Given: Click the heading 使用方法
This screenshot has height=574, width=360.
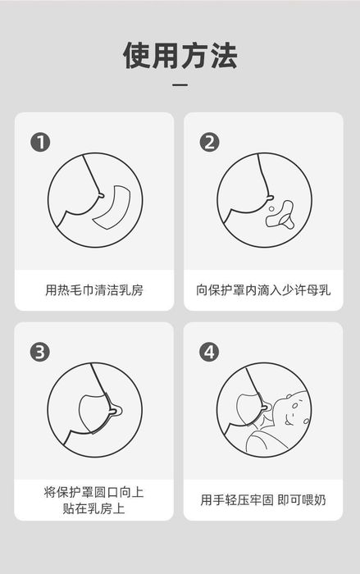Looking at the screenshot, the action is click(x=180, y=56).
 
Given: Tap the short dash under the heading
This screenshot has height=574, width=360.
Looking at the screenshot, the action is click(x=180, y=85).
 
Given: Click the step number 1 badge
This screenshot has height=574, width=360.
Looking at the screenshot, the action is click(x=40, y=142).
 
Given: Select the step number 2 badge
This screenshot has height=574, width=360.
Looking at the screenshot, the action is click(x=209, y=142).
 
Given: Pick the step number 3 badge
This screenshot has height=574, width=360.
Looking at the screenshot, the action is click(x=40, y=352).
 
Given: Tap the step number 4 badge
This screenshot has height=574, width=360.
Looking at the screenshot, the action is click(x=209, y=352).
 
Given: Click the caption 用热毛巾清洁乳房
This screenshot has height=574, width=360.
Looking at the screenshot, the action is click(x=94, y=290).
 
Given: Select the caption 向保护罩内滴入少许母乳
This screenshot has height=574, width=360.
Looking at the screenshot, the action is click(x=263, y=290).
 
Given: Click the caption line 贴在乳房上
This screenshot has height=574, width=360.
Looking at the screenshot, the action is click(x=93, y=508).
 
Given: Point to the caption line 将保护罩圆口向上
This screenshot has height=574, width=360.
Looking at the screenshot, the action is click(x=93, y=492).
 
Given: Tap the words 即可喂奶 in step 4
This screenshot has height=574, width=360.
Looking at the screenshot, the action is click(x=302, y=499).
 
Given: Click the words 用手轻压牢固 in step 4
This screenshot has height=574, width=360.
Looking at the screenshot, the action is click(x=237, y=499).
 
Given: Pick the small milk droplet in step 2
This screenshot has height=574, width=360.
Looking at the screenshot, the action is click(x=271, y=209).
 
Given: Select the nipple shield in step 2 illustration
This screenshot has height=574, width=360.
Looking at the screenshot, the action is click(x=280, y=216).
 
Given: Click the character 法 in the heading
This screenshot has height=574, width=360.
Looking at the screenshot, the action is click(x=223, y=56).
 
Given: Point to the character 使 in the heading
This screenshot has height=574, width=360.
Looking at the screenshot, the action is click(x=137, y=56).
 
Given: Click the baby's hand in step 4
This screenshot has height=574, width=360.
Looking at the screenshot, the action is click(x=267, y=421).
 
